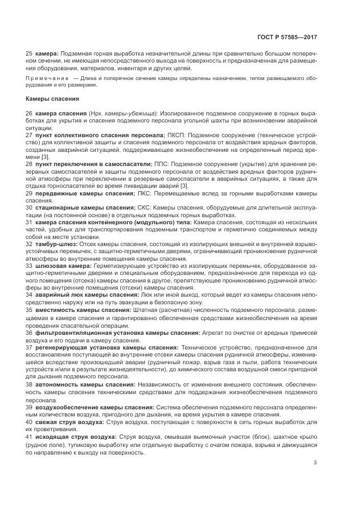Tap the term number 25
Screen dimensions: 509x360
[x=29, y=54]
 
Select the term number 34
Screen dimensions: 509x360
[x=29, y=294]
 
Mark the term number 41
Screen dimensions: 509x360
[x=29, y=436]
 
